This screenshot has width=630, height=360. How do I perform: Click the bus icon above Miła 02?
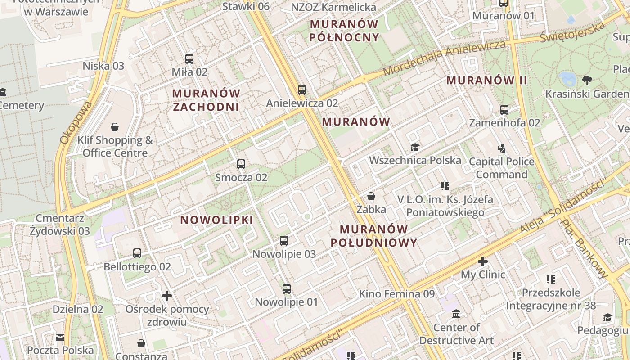(189, 58)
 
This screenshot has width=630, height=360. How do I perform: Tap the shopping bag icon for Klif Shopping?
(115, 127)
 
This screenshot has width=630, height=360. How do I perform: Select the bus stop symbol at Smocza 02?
(241, 164)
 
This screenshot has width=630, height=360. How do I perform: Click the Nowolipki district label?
(216, 220)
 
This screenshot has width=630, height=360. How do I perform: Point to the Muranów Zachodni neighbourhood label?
(207, 100)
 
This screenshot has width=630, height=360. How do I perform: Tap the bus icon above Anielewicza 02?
(301, 90)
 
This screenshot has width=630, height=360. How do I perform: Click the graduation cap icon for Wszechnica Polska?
(415, 147)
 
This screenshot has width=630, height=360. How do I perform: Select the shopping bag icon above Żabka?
(371, 196)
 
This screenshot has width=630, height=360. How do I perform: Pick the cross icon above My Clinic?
(483, 261)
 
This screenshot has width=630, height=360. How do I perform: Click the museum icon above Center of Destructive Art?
(456, 314)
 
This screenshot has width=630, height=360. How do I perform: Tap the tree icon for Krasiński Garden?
(587, 81)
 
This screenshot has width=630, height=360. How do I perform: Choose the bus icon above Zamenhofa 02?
(504, 109)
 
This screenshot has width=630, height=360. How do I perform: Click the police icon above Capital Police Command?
(502, 148)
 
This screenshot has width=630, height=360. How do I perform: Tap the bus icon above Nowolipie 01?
(287, 288)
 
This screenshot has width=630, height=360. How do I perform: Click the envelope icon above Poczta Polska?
(60, 337)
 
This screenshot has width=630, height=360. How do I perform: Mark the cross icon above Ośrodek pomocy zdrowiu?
(167, 296)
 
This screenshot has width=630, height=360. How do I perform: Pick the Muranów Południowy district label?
(374, 236)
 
